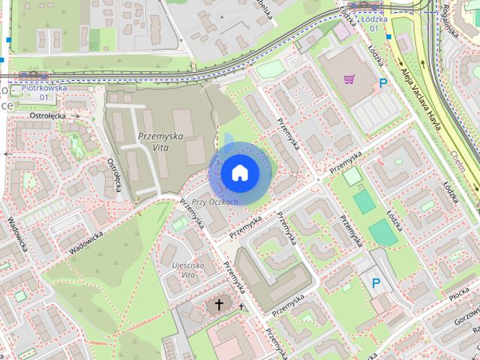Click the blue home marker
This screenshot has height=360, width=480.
(240, 172)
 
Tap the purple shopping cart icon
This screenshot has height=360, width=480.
(349, 78)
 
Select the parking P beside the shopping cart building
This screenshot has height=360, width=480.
(384, 84)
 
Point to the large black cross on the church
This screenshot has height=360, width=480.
(219, 304)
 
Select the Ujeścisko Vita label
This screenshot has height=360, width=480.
(177, 271)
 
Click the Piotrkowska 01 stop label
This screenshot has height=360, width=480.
(44, 92)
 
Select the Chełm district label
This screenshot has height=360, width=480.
(459, 158)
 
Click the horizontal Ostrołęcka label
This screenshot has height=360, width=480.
(48, 116)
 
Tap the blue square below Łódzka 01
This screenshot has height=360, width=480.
(389, 36)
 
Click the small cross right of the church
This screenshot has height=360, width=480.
(241, 306)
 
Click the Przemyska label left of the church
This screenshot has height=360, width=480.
(190, 216)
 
